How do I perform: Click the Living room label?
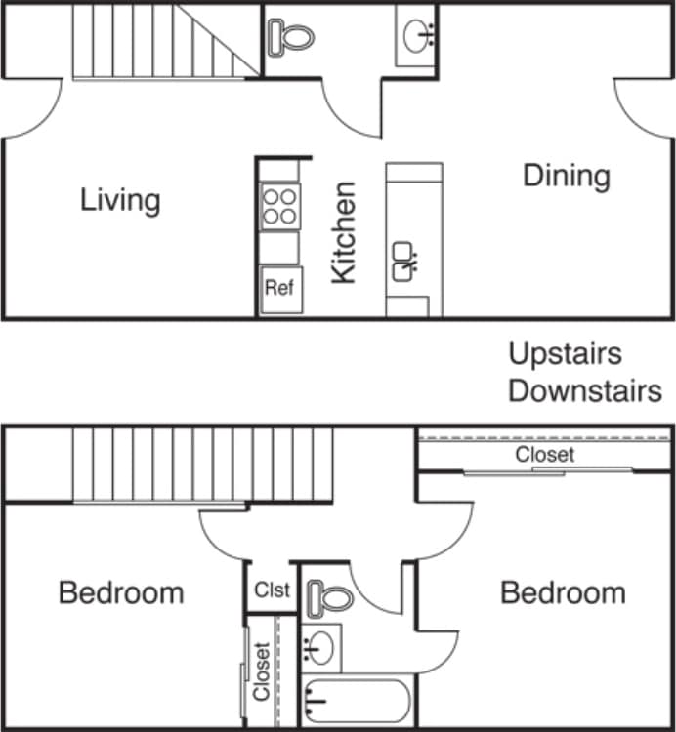point(120,201)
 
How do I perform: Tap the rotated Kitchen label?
point(343,232)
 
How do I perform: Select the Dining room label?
point(567,177)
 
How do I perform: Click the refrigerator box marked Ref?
point(279,290)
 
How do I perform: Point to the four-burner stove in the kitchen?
point(279,206)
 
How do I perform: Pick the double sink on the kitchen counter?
point(405,262)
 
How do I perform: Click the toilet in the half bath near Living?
point(290,37)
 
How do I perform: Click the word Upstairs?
point(565,353)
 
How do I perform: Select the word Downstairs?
point(584,391)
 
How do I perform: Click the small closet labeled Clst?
point(272,590)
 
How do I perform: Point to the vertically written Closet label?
point(261,671)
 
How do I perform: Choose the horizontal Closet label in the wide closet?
point(545,455)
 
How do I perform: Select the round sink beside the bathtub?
point(320,646)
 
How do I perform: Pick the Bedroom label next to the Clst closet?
point(121,592)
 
